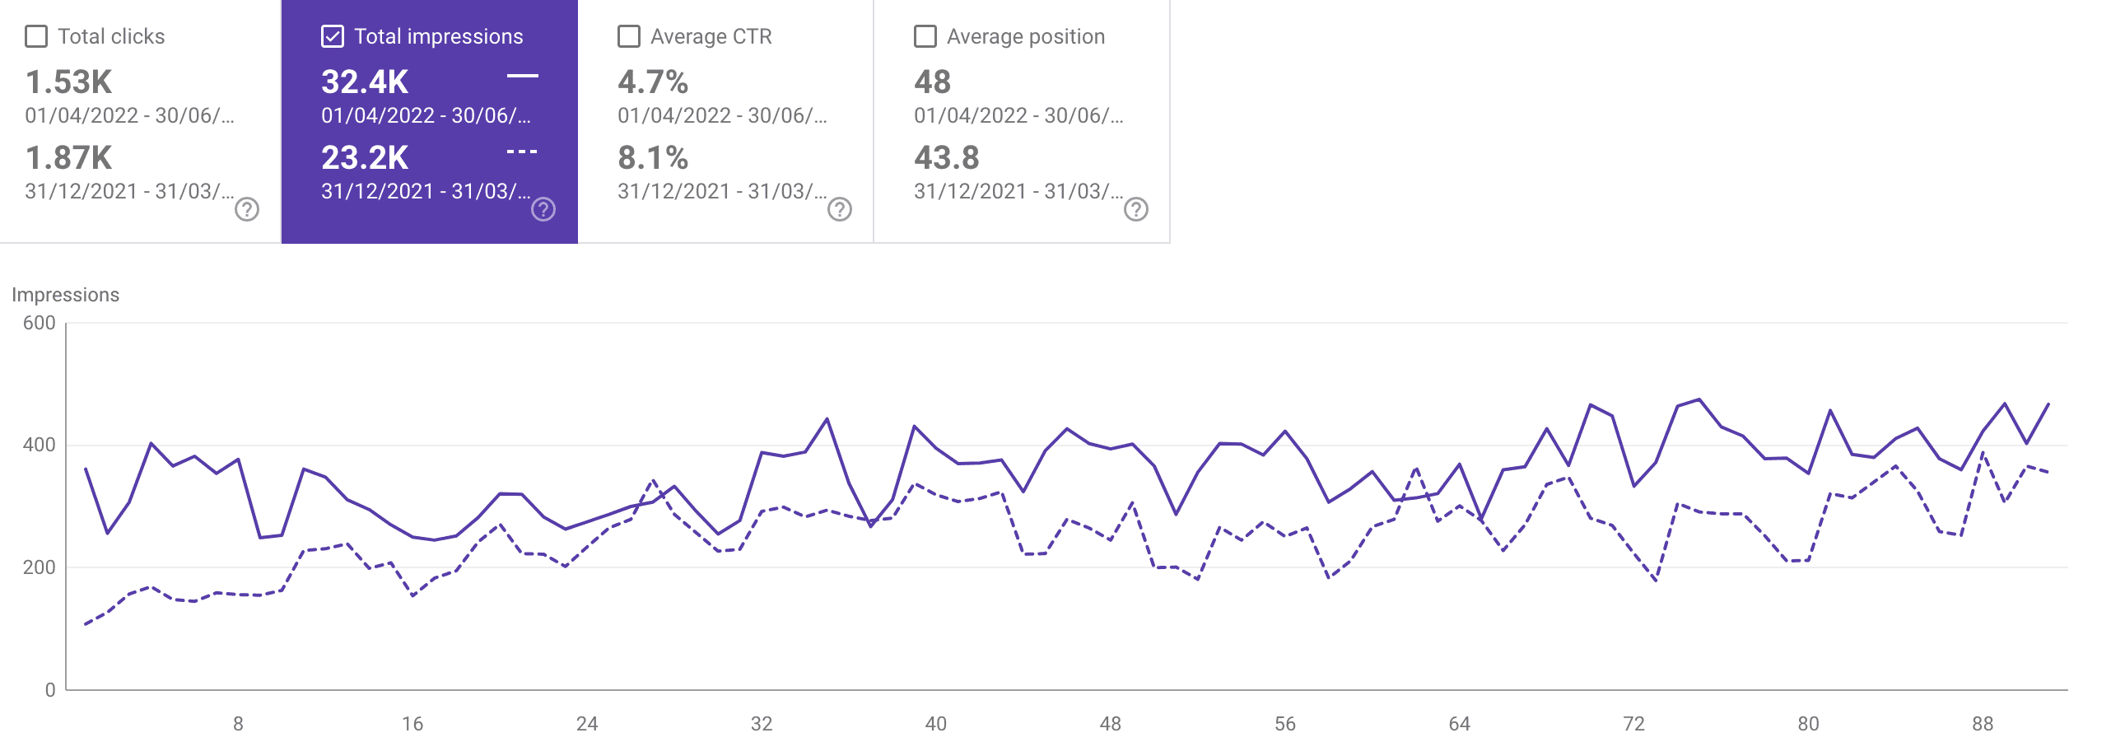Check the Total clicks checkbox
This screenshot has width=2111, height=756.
coord(36,37)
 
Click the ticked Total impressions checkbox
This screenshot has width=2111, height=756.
coord(333,37)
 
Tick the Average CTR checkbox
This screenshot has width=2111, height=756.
coord(629,37)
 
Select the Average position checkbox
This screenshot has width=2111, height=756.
coord(925,37)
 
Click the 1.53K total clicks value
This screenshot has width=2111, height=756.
coord(68,82)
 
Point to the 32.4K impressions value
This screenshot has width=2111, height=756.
coord(365,82)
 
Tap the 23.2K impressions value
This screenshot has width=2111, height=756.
coord(365,158)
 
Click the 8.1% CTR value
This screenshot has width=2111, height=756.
coord(653,158)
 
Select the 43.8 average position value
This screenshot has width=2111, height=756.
coord(947,158)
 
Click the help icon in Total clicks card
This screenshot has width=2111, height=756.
coord(247,210)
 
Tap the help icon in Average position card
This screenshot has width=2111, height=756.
coord(1136,210)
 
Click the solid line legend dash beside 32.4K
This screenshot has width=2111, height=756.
coord(522,76)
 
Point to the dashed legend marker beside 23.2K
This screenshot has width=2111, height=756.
coord(522,152)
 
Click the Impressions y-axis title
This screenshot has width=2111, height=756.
coord(65,295)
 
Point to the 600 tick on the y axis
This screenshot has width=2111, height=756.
coord(40,323)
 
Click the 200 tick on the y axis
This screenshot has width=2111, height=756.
coord(40,567)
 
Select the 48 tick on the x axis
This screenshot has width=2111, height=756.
coord(1110,724)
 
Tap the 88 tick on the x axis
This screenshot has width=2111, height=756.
coord(1983,724)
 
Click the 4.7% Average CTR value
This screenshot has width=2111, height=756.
coord(653,82)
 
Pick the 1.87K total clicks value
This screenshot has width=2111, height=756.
coord(68,158)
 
